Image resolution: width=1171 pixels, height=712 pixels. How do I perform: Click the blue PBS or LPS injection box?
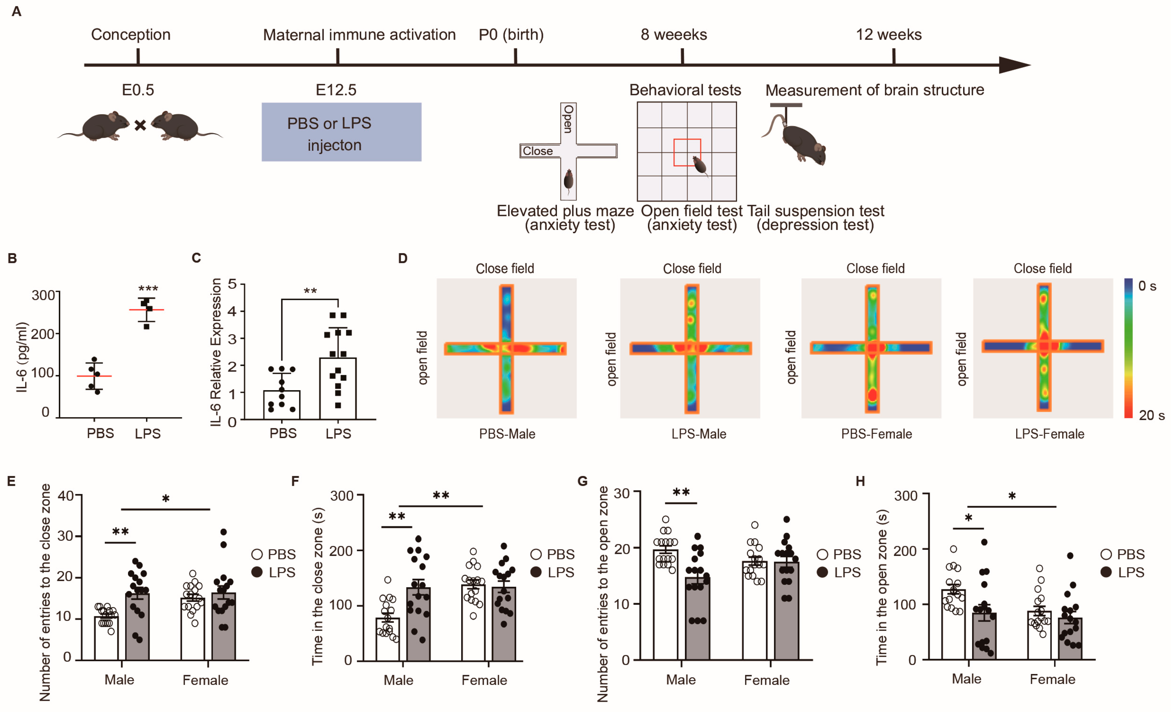[x=341, y=132]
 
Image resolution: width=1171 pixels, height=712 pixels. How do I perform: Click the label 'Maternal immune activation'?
[x=359, y=35]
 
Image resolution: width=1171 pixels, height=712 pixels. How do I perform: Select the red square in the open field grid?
[x=687, y=153]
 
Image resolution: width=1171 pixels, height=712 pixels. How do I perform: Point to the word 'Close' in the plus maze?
[x=537, y=151]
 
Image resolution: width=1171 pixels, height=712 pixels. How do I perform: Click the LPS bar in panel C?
[x=338, y=389]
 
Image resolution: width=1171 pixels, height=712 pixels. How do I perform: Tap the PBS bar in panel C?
[x=282, y=405]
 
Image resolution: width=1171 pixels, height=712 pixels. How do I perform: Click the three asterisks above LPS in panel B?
[x=148, y=288]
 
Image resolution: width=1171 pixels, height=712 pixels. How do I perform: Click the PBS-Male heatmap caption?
[x=507, y=434]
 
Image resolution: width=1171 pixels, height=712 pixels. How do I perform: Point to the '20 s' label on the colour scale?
[x=1151, y=416]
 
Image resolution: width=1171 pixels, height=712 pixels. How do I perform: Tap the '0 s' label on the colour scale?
[x=1147, y=286]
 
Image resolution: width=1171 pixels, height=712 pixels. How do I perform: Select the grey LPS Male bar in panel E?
[x=137, y=627]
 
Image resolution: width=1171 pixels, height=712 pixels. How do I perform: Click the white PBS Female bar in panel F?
[x=473, y=622]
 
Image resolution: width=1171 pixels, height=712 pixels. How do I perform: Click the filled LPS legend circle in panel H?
[x=1106, y=572]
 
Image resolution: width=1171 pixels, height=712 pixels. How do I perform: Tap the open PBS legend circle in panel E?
[x=257, y=554]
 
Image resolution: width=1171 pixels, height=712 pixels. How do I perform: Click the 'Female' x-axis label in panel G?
[x=766, y=680]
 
